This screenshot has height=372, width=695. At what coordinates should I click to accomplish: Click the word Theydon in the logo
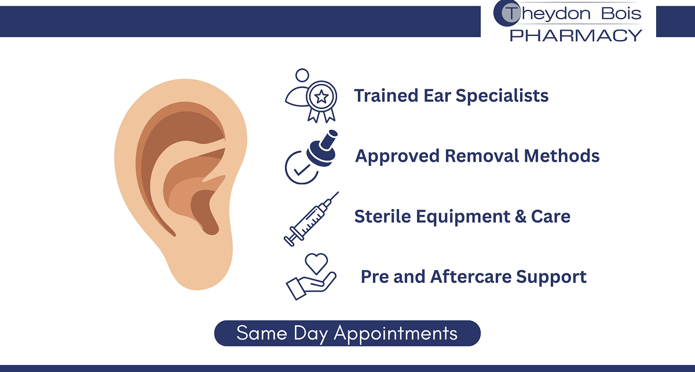(x=548, y=14)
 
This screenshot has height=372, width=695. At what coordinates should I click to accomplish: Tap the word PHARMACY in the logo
(x=576, y=35)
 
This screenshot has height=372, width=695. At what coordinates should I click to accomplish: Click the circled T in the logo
(x=507, y=13)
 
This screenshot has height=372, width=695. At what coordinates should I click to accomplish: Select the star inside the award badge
(x=321, y=97)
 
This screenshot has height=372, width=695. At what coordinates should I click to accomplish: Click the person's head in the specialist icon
(x=302, y=75)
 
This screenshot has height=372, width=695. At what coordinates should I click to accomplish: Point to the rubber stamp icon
(x=322, y=148)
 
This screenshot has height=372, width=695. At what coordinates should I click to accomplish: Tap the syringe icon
(x=311, y=219)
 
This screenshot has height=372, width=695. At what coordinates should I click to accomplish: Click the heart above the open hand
(x=316, y=264)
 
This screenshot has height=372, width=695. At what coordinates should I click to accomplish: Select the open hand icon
(x=310, y=286)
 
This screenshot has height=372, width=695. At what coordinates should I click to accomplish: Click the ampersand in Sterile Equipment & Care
(x=520, y=216)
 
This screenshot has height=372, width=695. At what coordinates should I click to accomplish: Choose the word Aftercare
(x=471, y=276)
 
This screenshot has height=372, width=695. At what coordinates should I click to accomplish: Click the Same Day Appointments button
(x=347, y=333)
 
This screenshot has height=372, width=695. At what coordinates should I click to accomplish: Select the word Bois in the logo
(x=621, y=13)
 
